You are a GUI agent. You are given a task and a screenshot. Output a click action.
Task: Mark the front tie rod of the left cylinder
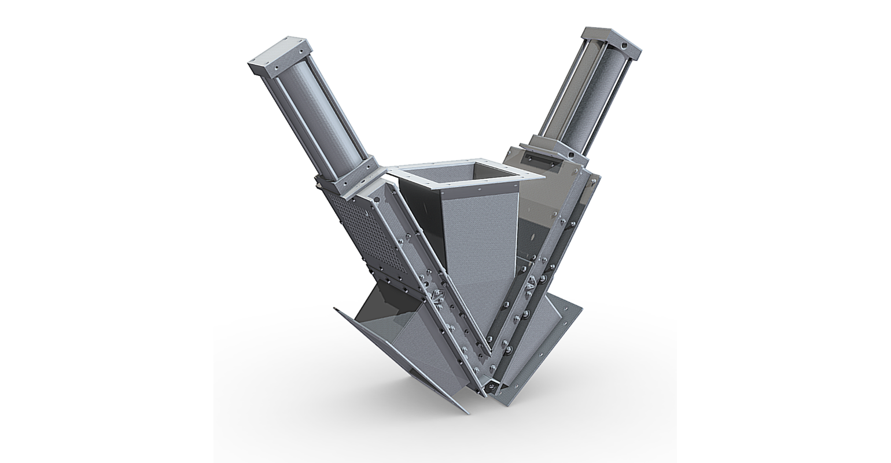tap(307, 124)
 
